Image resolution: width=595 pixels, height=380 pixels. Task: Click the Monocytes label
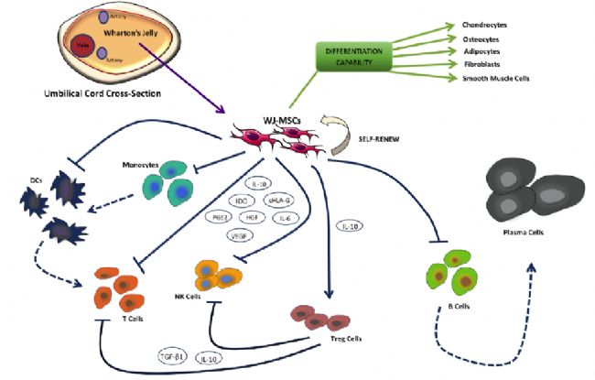coord(145,166)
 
